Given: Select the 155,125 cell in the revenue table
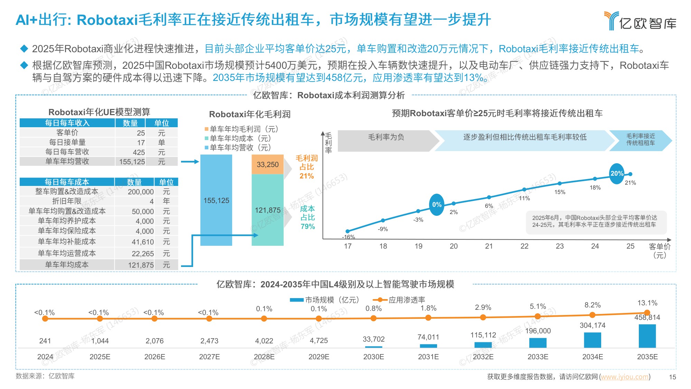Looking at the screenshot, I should [132, 161].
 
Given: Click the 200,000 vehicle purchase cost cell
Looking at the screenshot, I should [141, 192].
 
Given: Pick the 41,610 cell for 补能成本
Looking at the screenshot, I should [142, 242].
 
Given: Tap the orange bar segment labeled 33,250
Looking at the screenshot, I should [267, 165].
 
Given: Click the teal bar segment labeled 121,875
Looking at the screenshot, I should [267, 210].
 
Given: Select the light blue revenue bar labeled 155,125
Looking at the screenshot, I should [216, 200].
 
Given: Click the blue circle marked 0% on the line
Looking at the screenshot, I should [437, 204].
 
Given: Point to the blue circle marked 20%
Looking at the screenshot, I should [617, 173].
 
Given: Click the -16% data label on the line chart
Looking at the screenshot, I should [348, 237].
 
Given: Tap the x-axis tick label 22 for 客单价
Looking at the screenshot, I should [524, 246].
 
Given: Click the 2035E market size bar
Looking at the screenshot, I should [647, 336].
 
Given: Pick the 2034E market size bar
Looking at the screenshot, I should [592, 340].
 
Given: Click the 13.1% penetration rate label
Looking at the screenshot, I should [647, 303].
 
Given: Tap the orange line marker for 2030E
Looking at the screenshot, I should [373, 318].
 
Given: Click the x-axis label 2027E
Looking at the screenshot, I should [209, 356].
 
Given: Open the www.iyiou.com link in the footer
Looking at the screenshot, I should [624, 377].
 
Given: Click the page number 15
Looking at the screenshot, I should [672, 377].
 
